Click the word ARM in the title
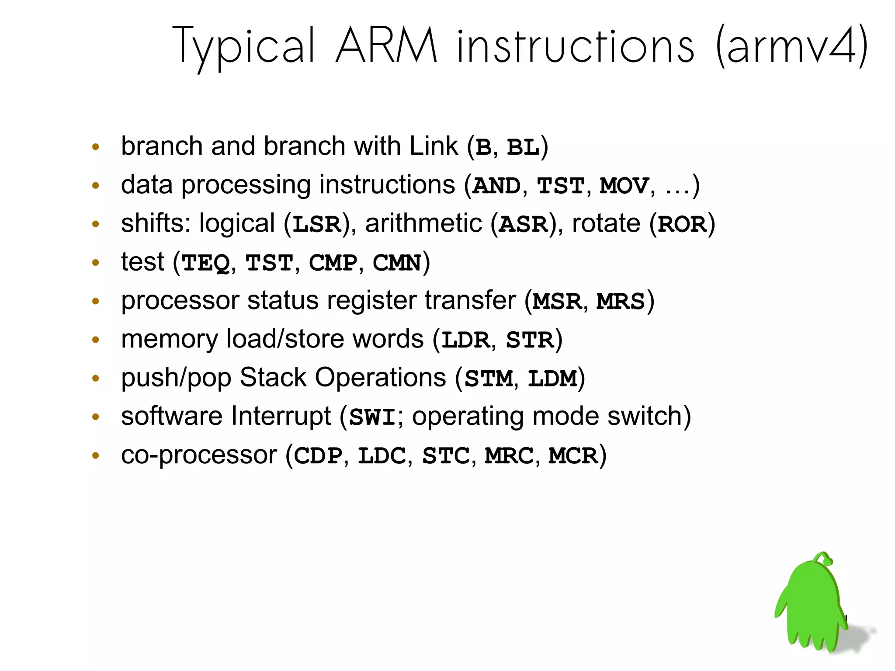coord(386,46)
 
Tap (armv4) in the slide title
coord(791,46)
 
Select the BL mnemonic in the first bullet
coord(523,148)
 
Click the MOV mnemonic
coord(624,186)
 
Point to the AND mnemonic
coord(496,186)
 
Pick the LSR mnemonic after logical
coord(316,225)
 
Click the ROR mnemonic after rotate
coord(682,225)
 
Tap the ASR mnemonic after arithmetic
coord(523,225)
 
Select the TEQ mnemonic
coord(205,263)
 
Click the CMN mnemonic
coord(397,263)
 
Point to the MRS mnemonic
coord(621,302)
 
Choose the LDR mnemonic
coord(465,340)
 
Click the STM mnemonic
coord(488,379)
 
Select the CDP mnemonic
coord(318,456)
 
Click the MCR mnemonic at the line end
coord(573,456)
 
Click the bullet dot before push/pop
coord(96,379)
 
